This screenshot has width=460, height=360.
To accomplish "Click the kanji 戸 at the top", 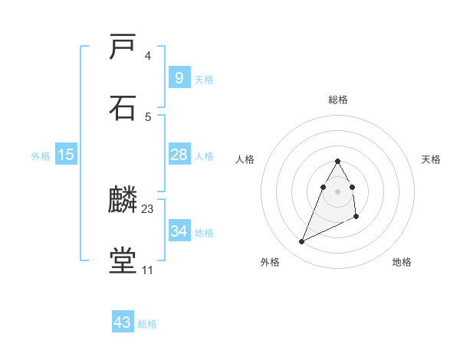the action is tap(123, 48).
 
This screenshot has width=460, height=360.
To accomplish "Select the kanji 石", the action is tap(123, 108).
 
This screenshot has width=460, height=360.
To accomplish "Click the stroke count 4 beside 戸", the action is tap(147, 56).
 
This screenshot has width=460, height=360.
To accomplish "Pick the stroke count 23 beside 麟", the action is tap(148, 208).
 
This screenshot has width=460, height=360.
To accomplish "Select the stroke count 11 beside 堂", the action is tap(147, 270).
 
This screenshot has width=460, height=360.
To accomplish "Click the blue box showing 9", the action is tap(179, 77).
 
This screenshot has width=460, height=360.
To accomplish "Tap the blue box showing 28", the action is tap(179, 155).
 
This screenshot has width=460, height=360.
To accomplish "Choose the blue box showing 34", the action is tap(179, 231).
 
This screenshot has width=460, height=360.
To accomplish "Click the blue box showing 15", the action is tap(66, 155).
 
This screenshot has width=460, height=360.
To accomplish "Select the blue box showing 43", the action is tap(123, 322).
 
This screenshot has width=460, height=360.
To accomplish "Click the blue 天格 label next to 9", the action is tap(204, 80).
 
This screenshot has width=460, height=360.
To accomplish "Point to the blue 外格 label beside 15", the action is tap(41, 156).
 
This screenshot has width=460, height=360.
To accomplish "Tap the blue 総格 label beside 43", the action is tap(147, 324).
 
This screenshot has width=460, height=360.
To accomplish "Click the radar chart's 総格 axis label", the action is tap(338, 100).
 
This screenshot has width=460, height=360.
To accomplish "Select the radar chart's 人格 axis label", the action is tap(245, 159).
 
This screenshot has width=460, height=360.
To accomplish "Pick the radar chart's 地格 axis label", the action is tap(402, 262).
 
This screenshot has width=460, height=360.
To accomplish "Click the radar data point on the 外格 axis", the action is tap(301, 242).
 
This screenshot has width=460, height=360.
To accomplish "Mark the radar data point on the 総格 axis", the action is tap(337, 161).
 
